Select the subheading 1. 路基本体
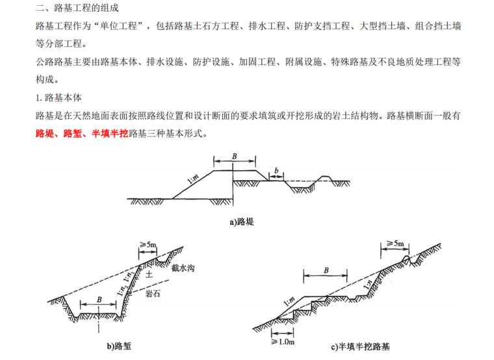[x=58, y=98]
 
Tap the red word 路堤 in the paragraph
[x=46, y=134]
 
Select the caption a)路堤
[x=241, y=222]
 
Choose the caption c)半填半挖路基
[x=364, y=346]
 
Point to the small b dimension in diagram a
[x=277, y=170]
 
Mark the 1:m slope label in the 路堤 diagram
[x=193, y=176]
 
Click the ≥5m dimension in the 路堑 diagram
[x=148, y=245]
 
